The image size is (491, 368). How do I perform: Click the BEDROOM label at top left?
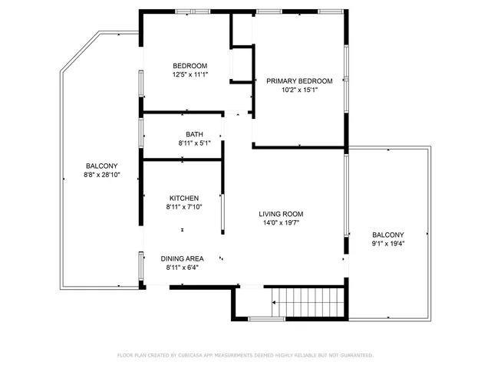pyautogui.click(x=189, y=66)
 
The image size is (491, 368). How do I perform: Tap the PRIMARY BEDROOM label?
pyautogui.click(x=299, y=80)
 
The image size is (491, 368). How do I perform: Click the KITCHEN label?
pyautogui.click(x=183, y=198)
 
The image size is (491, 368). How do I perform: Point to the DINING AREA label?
pyautogui.click(x=183, y=258)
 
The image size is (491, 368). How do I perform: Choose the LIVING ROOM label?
pyautogui.click(x=281, y=214)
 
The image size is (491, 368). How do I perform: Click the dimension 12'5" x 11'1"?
pyautogui.click(x=189, y=74)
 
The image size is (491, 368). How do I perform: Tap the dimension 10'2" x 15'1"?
pyautogui.click(x=299, y=90)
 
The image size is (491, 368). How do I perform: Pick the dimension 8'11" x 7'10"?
pyautogui.click(x=183, y=206)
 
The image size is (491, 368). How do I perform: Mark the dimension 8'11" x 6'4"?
pyautogui.click(x=183, y=268)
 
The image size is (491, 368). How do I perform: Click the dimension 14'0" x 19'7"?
pyautogui.click(x=281, y=223)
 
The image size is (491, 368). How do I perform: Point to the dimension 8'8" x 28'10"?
pyautogui.click(x=101, y=175)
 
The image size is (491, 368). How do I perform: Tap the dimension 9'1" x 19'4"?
pyautogui.click(x=388, y=244)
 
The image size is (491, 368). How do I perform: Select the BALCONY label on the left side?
pyautogui.click(x=101, y=166)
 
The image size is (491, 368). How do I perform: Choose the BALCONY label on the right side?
pyautogui.click(x=388, y=235)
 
